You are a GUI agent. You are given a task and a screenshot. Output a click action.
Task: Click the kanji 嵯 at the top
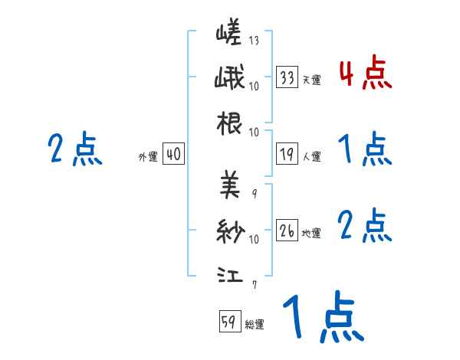[228, 35]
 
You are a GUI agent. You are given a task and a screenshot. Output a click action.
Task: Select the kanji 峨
[229, 78]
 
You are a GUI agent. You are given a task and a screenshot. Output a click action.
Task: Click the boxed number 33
[287, 77]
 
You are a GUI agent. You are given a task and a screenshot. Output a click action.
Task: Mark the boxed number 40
[172, 155]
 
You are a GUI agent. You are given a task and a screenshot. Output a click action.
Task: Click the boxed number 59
[228, 322]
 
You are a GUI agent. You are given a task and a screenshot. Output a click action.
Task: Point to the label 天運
[311, 80]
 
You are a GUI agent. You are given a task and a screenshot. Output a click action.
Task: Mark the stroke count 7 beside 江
[254, 285]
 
